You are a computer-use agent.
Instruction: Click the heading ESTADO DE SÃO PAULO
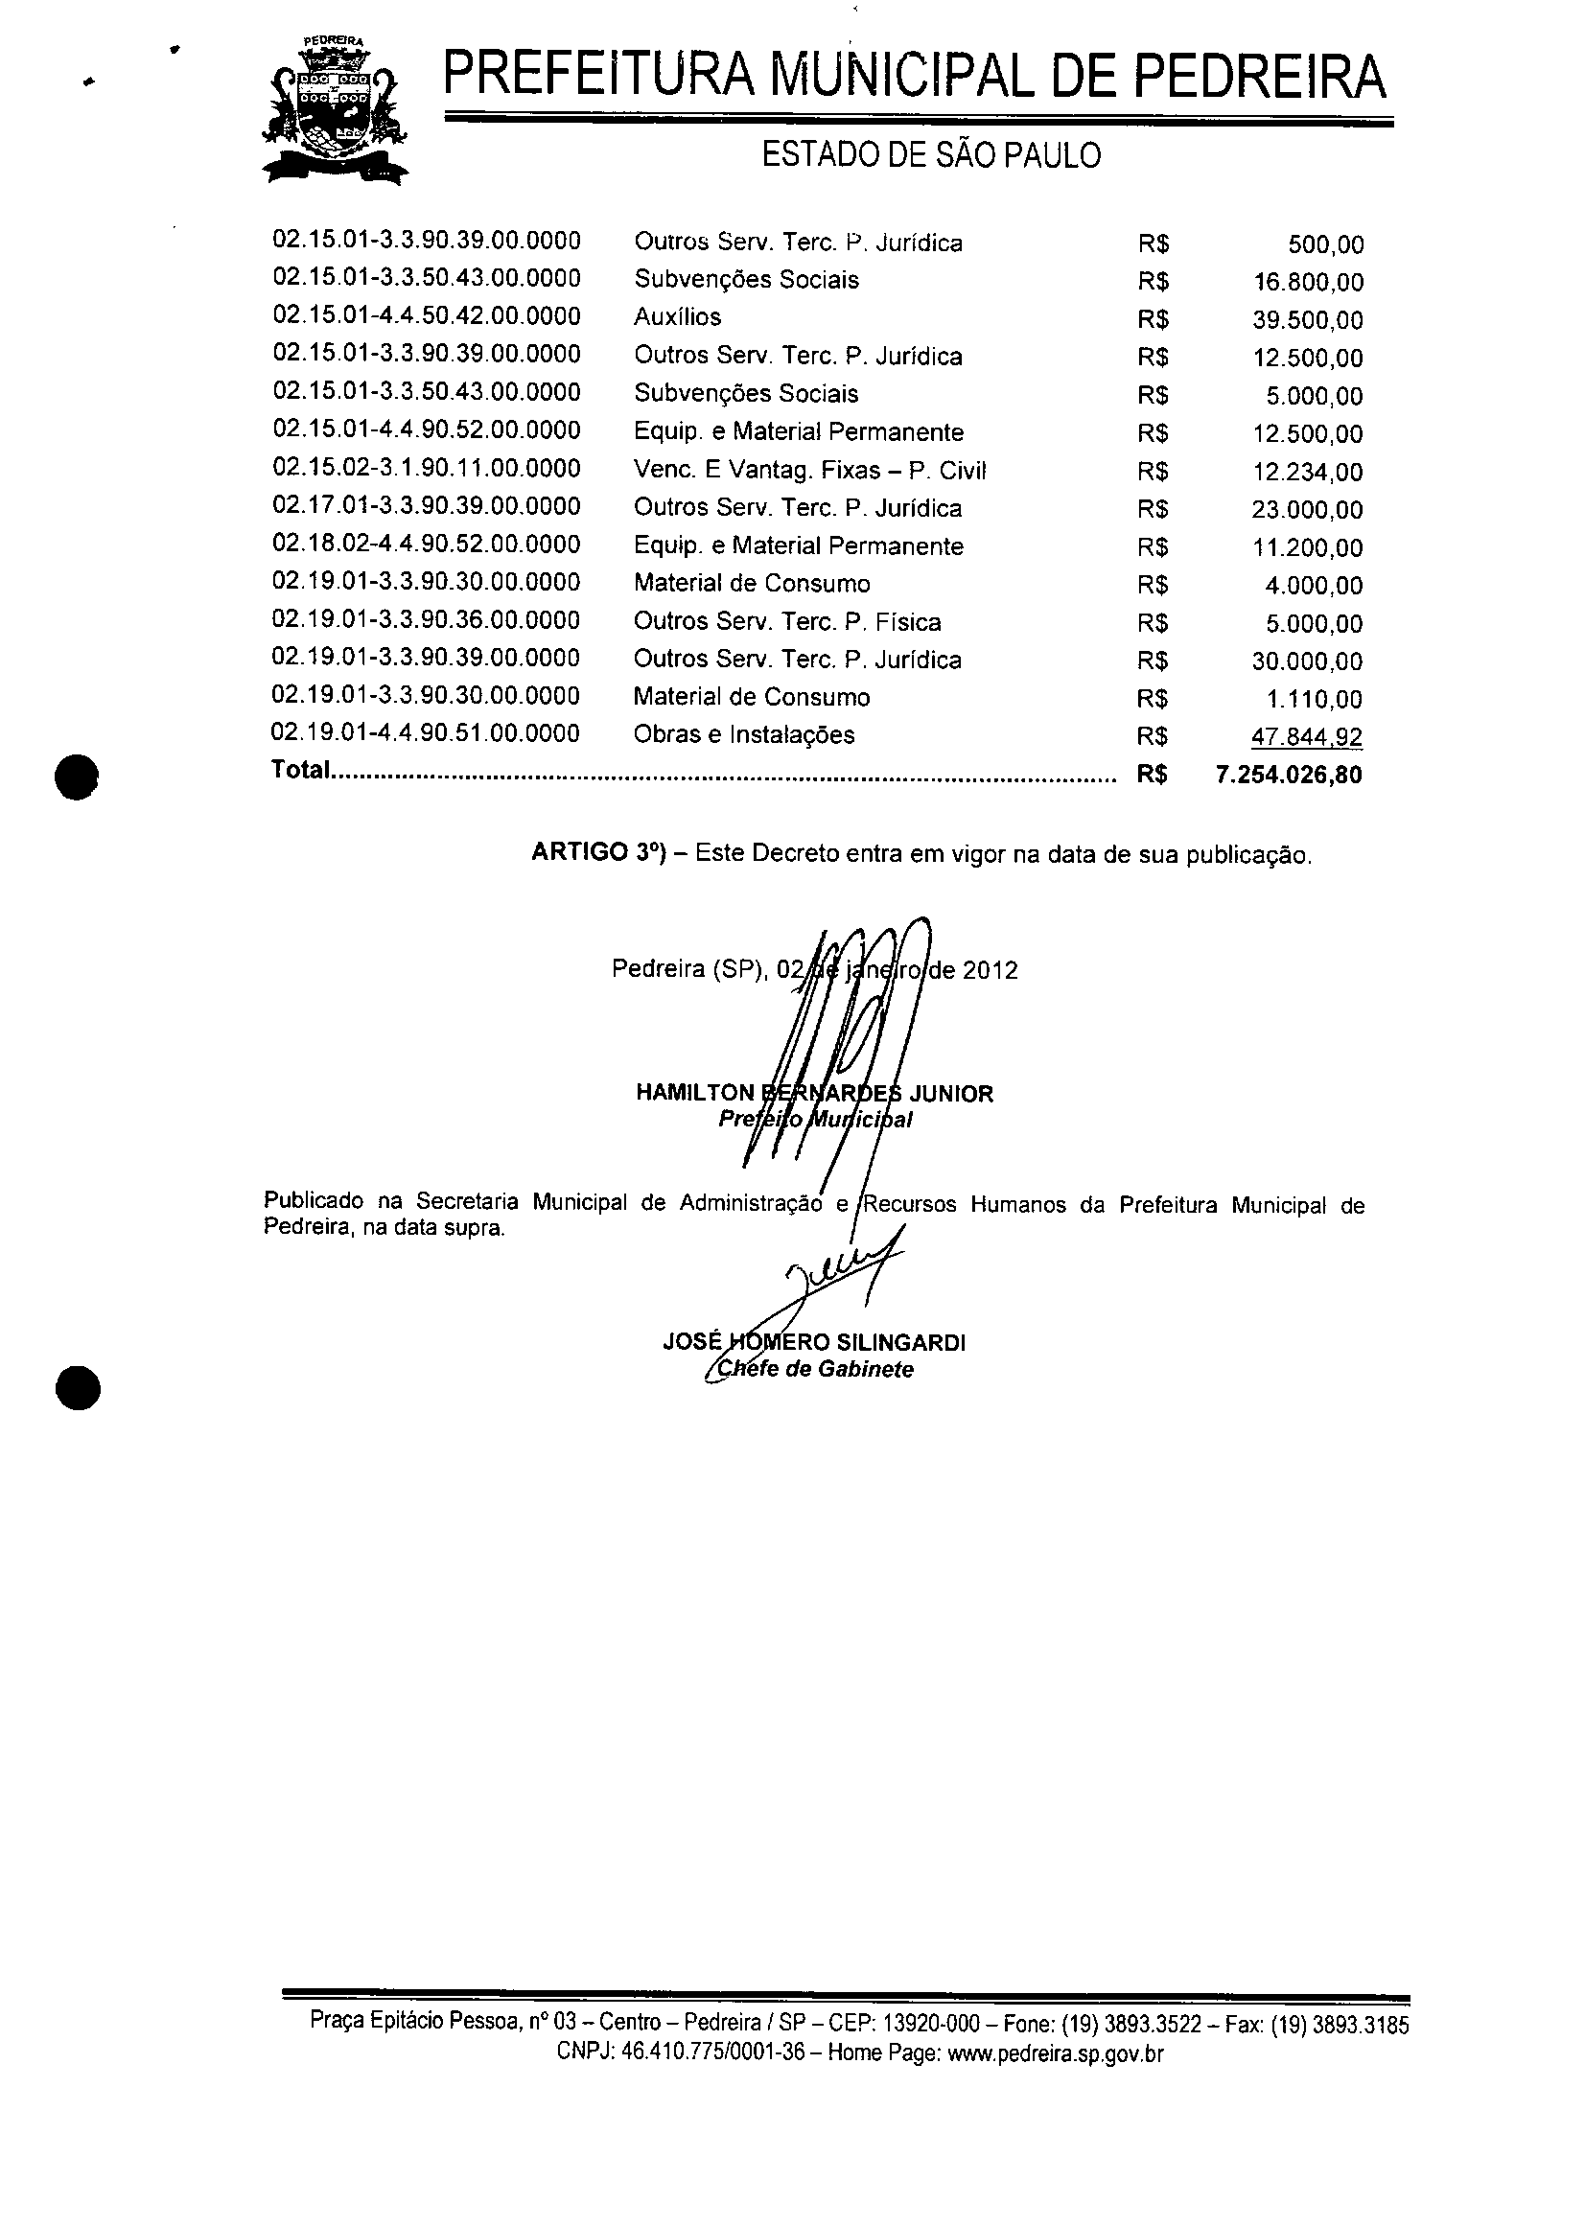pyautogui.click(x=931, y=155)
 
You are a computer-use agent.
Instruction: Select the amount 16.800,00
pyautogui.click(x=1308, y=283)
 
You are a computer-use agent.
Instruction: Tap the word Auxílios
pyautogui.click(x=677, y=317)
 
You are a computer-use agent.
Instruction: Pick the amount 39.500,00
pyautogui.click(x=1308, y=321)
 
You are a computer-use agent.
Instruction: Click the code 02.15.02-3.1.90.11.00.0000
pyautogui.click(x=427, y=469)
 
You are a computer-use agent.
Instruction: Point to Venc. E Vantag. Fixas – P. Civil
pyautogui.click(x=810, y=471)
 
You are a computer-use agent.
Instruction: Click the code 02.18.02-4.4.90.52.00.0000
pyautogui.click(x=427, y=545)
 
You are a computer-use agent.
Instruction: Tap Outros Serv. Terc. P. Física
pyautogui.click(x=787, y=622)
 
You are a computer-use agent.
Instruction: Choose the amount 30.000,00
pyautogui.click(x=1308, y=661)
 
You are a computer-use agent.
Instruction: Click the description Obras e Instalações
pyautogui.click(x=744, y=735)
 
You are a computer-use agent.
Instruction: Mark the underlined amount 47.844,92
pyautogui.click(x=1308, y=738)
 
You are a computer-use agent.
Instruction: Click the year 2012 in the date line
pyautogui.click(x=990, y=971)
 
